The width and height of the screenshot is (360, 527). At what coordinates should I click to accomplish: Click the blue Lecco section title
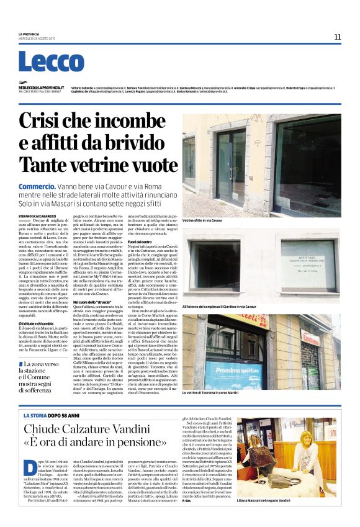click(x=51, y=62)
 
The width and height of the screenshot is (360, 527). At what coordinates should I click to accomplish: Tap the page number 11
click(x=337, y=37)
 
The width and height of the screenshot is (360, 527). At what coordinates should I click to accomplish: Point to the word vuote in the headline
click(x=143, y=164)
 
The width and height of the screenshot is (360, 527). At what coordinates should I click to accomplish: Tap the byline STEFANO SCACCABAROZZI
click(x=42, y=215)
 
